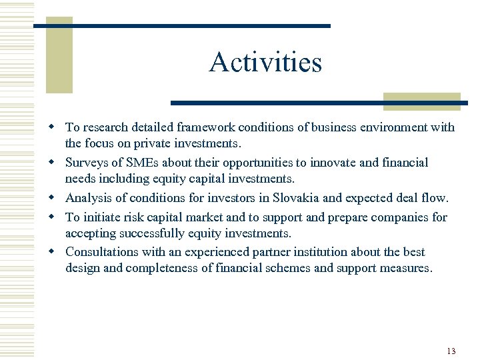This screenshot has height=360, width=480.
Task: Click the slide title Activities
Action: [265, 63]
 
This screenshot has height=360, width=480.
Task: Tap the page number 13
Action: [451, 351]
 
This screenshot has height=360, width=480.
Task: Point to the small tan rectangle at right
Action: [421, 101]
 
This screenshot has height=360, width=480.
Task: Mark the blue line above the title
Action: [181, 26]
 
